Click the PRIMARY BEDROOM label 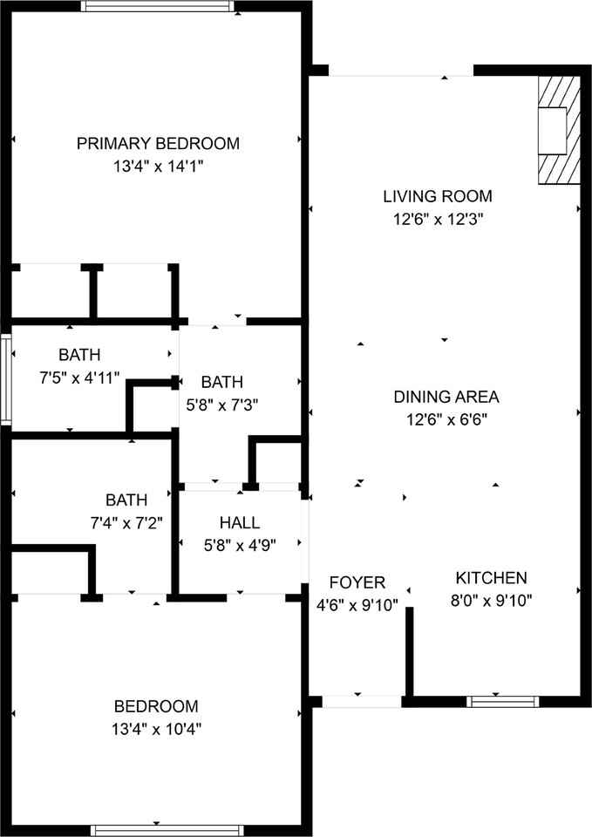158,144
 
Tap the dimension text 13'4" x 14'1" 158,165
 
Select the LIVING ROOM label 438,196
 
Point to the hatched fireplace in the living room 558,129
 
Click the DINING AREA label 446,397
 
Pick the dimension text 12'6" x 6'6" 446,418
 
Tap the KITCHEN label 491,577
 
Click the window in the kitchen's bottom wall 502,701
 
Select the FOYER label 357,582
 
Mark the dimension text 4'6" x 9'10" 357,604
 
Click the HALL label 239,522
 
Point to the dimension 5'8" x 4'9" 239,544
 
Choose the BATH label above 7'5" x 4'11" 79,355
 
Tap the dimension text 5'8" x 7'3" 221,404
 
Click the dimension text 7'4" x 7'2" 126,522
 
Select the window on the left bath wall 5,380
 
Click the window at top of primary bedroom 158,6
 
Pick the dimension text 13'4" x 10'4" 156,728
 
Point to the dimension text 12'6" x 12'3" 438,219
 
